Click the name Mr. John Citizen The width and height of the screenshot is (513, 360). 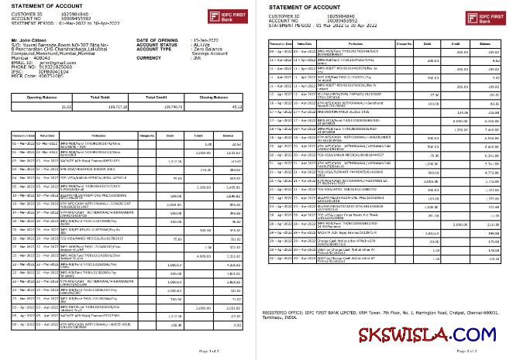pyautogui.click(x=29, y=39)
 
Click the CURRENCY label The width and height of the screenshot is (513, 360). pyautogui.click(x=149, y=57)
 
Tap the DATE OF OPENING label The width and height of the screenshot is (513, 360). pyautogui.click(x=157, y=39)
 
